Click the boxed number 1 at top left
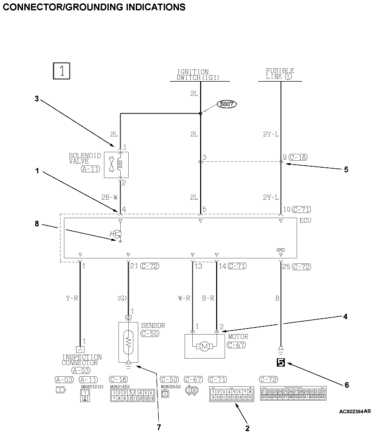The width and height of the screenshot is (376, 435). click(61, 71)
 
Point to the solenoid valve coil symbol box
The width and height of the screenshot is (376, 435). click(116, 165)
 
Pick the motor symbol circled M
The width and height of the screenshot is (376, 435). click(205, 347)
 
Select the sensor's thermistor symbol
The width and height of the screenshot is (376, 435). click(128, 343)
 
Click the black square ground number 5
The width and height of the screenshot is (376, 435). click(281, 363)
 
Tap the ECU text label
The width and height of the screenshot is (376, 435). click(305, 221)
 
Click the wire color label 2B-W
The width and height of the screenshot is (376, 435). click(109, 197)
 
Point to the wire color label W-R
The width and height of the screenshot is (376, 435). click(184, 299)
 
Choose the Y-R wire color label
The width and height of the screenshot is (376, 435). click(72, 299)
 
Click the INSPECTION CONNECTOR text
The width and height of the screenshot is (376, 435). click(82, 360)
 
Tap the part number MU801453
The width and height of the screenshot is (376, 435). click(120, 387)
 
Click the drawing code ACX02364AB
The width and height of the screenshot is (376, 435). click(355, 411)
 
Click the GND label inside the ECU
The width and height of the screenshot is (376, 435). click(280, 250)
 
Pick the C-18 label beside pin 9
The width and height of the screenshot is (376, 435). click(298, 157)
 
